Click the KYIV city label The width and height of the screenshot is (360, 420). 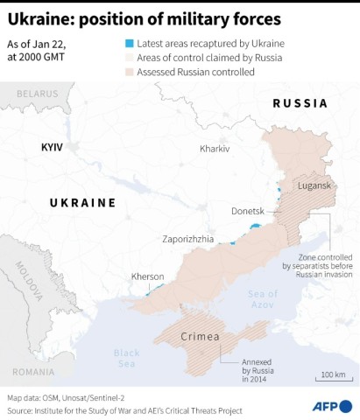[x=53, y=147]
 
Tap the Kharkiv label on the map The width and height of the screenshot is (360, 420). [x=214, y=149]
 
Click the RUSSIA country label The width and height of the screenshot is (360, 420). [x=300, y=103]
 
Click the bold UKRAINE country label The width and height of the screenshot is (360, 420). [x=82, y=202]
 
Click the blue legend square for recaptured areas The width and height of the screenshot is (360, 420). [x=130, y=43]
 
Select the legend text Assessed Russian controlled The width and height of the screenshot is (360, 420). [x=197, y=72]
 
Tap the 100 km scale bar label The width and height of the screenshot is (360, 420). [x=332, y=374]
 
